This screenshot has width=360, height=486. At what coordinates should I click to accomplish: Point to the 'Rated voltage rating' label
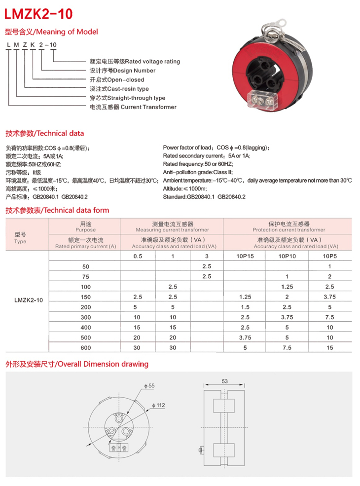[153, 62]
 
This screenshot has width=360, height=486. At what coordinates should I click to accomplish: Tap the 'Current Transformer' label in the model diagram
[148, 107]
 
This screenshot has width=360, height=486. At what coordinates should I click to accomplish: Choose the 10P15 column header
[245, 256]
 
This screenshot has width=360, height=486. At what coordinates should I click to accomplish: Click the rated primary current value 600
[86, 347]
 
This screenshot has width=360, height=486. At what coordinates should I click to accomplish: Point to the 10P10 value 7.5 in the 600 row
[287, 347]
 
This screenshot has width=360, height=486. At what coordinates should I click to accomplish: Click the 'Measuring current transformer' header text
[172, 230]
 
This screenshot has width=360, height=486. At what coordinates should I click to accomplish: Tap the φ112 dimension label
[159, 405]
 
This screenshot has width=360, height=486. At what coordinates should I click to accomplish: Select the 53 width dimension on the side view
[225, 381]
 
